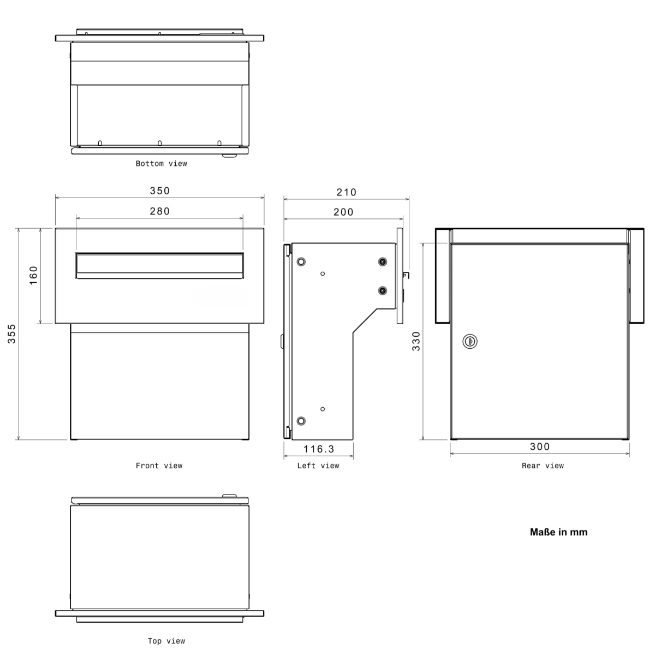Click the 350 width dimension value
pyautogui.click(x=160, y=191)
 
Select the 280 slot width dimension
pyautogui.click(x=160, y=211)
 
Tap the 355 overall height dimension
pyautogui.click(x=12, y=334)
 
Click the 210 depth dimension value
pyautogui.click(x=346, y=192)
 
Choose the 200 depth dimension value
pyautogui.click(x=343, y=212)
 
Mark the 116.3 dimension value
pyautogui.click(x=319, y=449)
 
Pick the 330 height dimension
pyautogui.click(x=416, y=341)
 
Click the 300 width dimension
pyautogui.click(x=540, y=447)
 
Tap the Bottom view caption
pyautogui.click(x=161, y=164)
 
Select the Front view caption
pyautogui.click(x=159, y=466)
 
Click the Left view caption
pyautogui.click(x=318, y=466)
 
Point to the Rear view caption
pyautogui.click(x=543, y=466)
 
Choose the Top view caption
pyautogui.click(x=166, y=641)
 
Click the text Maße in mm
pyautogui.click(x=558, y=532)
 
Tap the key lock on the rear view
pyautogui.click(x=469, y=342)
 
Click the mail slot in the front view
pyautogui.click(x=159, y=265)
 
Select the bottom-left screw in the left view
pyautogui.click(x=301, y=421)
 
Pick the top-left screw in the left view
pyautogui.click(x=301, y=262)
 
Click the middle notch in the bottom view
pyautogui.click(x=159, y=143)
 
